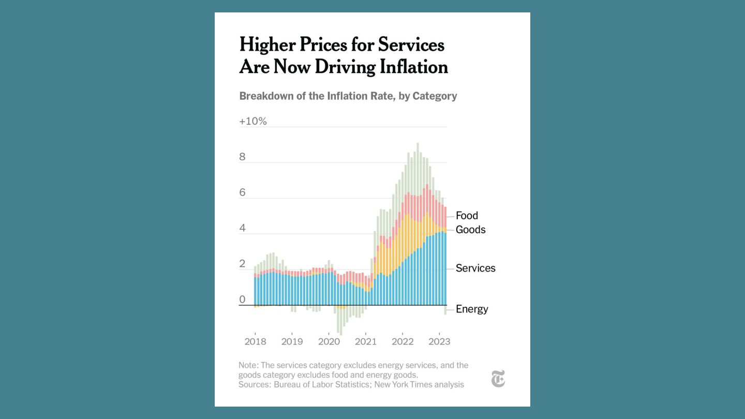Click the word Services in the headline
[x=411, y=45]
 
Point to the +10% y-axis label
[x=253, y=122]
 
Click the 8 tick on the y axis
[x=242, y=157]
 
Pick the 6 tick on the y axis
[x=242, y=193]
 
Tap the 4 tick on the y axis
[x=242, y=229]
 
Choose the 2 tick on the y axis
[x=242, y=264]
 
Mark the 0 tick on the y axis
[x=242, y=300]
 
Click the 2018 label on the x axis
[x=255, y=342]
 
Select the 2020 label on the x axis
[x=329, y=342]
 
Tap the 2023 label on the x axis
[x=439, y=342]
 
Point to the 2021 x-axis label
[x=365, y=342]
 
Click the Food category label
[x=467, y=216]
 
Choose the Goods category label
[x=470, y=230]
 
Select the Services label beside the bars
[x=475, y=268]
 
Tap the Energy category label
[x=472, y=309]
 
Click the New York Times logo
[x=498, y=379]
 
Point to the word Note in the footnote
[x=248, y=365]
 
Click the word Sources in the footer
[x=254, y=384]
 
